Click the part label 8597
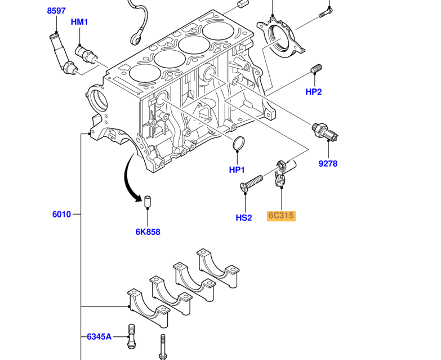click(56, 11)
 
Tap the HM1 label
click(79, 22)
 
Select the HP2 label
click(314, 92)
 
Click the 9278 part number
click(328, 164)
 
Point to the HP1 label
click(237, 170)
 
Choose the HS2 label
click(244, 217)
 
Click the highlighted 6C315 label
click(281, 216)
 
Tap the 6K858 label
click(147, 232)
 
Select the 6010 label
click(61, 214)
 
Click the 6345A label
click(99, 337)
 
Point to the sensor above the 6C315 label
click(282, 173)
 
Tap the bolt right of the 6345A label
click(132, 337)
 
